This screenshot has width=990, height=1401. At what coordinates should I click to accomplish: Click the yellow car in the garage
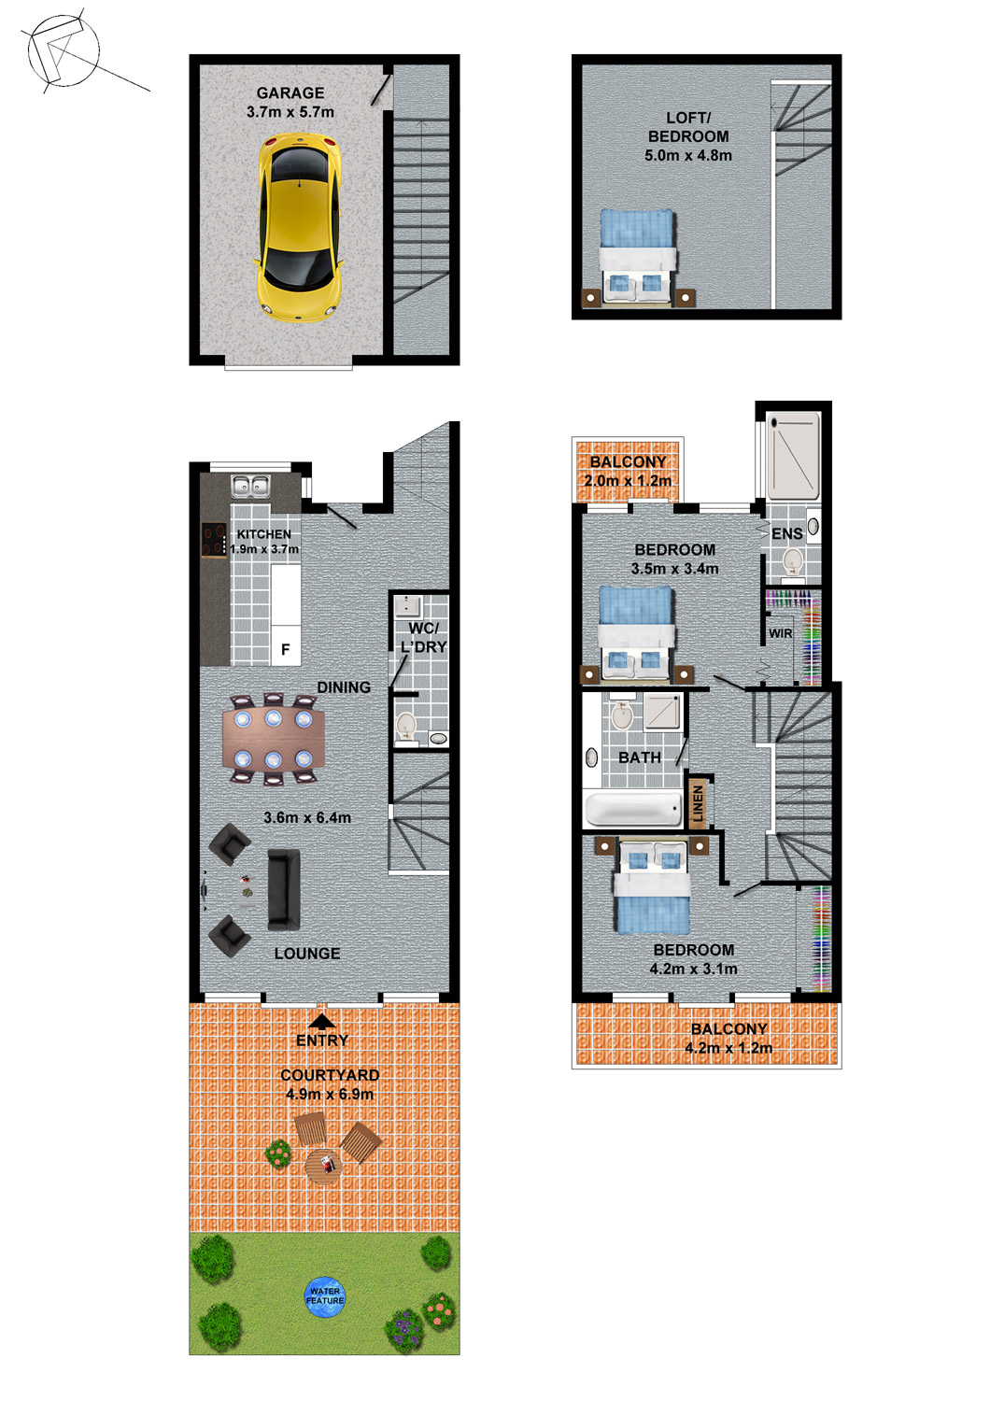point(299,228)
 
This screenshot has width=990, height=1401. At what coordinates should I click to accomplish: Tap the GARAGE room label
point(290,93)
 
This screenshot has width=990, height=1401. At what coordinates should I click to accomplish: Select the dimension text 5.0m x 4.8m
point(688,155)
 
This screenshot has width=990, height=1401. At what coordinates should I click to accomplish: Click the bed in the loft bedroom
point(638,258)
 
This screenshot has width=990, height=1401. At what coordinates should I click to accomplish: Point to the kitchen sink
point(250,487)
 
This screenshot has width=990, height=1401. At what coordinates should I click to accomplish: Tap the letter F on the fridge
point(285,650)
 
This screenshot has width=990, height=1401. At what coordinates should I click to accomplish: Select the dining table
point(274,739)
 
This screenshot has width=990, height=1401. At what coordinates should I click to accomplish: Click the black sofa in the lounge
point(284,889)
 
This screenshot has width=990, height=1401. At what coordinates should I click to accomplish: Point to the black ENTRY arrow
point(321,1022)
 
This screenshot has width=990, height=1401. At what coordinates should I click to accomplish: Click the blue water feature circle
point(325,1296)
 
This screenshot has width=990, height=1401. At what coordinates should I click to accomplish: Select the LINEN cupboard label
point(699,803)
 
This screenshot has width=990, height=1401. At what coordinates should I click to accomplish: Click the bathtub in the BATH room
point(633,809)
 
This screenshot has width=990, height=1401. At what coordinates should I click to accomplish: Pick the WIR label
point(781,633)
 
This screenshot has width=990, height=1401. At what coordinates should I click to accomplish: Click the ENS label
point(786,533)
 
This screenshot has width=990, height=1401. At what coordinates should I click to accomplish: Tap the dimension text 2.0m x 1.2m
point(628,481)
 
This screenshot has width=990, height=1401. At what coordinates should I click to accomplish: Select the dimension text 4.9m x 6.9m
point(330,1094)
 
